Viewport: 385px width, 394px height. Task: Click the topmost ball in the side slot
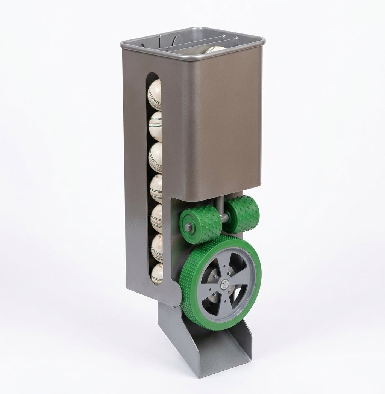coord(155,95)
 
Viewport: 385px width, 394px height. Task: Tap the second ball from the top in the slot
coord(155,125)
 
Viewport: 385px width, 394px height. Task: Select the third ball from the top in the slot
coord(156,158)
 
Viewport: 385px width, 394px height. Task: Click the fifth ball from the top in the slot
coord(157,218)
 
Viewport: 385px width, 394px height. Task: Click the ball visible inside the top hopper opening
coord(215,49)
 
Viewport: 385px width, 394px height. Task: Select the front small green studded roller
coord(196,226)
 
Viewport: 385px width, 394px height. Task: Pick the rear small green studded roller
coord(243,214)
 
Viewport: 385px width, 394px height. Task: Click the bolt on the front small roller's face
coord(187,227)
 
